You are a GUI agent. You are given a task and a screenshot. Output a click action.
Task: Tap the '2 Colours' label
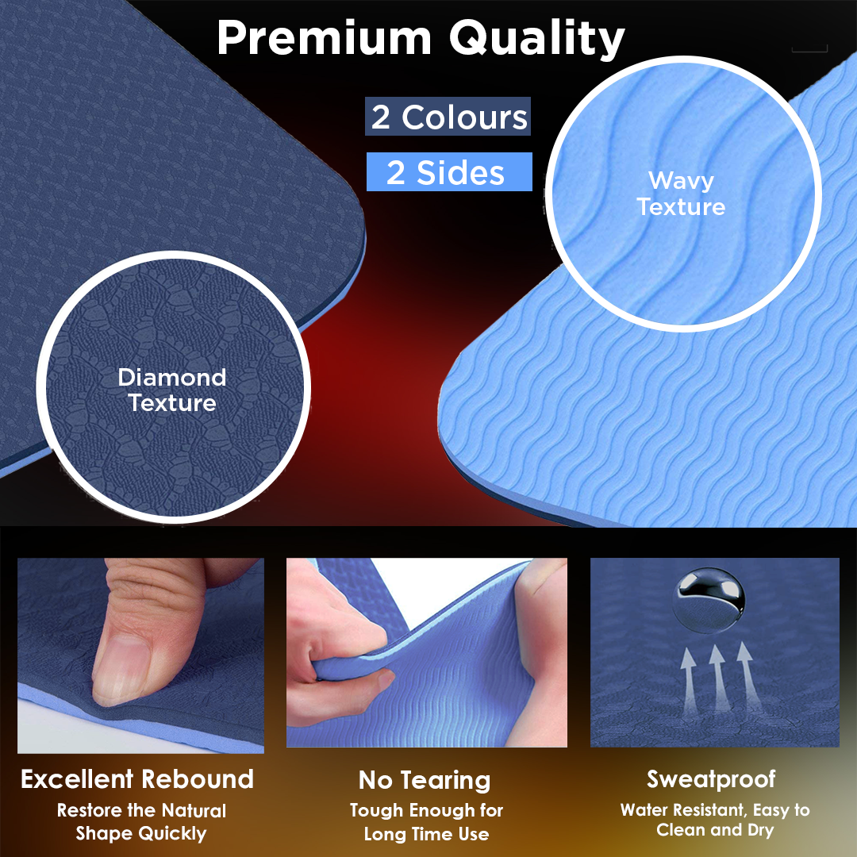pos(449,117)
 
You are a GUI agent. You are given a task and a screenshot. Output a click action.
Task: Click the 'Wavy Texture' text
pos(681,194)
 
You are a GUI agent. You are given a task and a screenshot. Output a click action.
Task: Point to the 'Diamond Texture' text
pos(172,390)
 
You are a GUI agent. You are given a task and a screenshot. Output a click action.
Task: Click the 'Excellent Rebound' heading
pos(137,778)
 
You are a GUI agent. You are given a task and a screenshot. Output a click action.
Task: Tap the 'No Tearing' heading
pos(425,780)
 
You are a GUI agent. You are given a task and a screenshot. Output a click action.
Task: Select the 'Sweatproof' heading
pos(711,778)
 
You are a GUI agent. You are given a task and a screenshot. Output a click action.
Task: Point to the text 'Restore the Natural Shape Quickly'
pos(141,822)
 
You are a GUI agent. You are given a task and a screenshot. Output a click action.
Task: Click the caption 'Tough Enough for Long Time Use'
pos(426,822)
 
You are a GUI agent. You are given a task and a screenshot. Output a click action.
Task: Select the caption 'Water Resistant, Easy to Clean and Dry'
pos(715,820)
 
